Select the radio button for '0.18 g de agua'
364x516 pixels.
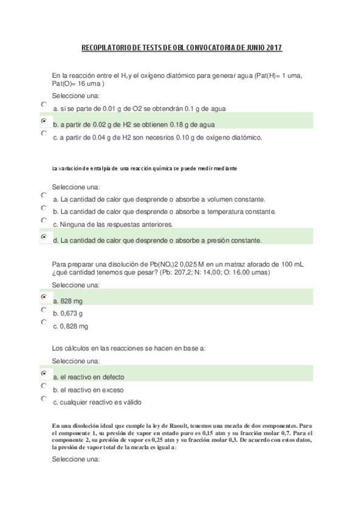(43, 121)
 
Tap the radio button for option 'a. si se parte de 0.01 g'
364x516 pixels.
(43, 105)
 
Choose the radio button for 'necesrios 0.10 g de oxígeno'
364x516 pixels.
(43, 133)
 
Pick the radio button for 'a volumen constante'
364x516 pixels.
(43, 195)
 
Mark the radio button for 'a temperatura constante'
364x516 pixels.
(43, 208)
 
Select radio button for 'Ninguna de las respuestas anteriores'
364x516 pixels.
(43, 220)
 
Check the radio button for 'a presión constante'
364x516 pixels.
(43, 236)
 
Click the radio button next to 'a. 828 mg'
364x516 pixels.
(43, 297)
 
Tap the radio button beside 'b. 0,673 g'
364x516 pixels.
(43, 310)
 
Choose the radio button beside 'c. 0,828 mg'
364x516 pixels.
(43, 322)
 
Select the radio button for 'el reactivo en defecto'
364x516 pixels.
(43, 373)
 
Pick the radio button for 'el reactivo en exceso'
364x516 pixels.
(43, 386)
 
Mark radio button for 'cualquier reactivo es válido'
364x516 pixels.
(43, 399)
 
